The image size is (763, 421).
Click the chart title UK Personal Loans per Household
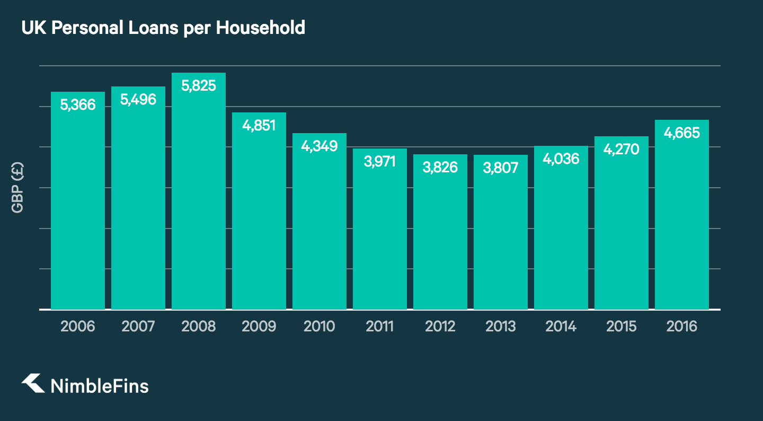163,28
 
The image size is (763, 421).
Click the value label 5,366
78,105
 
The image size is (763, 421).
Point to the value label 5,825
199,86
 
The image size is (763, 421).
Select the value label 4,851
259,126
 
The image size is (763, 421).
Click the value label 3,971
380,162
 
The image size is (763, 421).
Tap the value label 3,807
501,168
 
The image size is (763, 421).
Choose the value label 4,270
622,150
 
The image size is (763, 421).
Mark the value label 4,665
682,133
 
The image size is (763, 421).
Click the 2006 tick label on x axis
78,326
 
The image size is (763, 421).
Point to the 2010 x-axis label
320,326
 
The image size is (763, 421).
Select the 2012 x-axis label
440,326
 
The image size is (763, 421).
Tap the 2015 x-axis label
622,326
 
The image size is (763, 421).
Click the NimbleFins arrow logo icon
33,384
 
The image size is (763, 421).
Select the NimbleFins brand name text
99,385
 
